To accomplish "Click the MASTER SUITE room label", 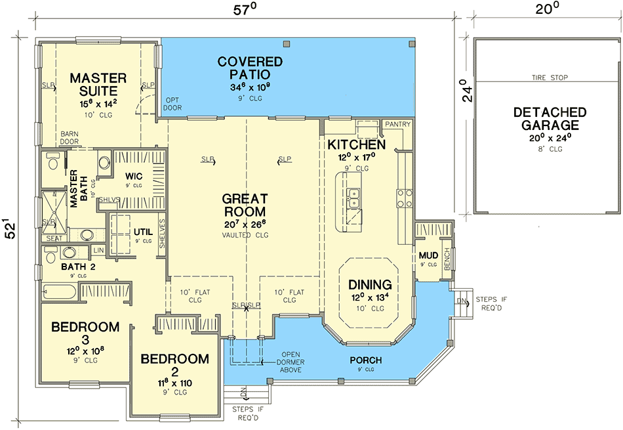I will pos(94,85).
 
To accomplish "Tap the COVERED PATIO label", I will pos(250,68).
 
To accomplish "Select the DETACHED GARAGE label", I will pos(546,119).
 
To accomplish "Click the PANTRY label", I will pos(397,124).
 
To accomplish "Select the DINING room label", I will pos(369,285).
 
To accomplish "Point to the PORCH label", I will pos(365,360).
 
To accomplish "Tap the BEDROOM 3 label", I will pos(85,333).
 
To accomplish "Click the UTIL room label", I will pos(143,232).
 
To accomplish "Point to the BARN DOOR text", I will pos(70,137).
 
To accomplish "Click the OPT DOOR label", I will pos(172,104).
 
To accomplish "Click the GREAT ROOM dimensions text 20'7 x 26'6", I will pos(244,225).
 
